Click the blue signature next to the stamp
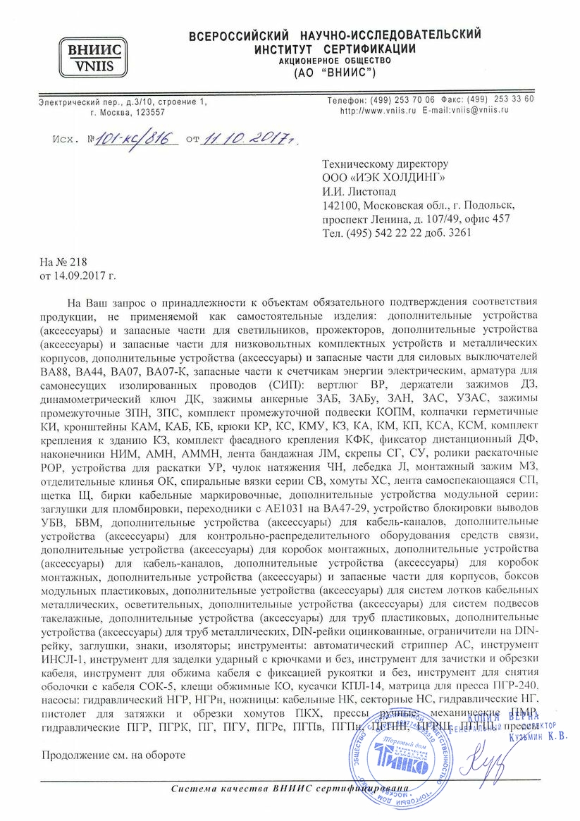click(x=485, y=742)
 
